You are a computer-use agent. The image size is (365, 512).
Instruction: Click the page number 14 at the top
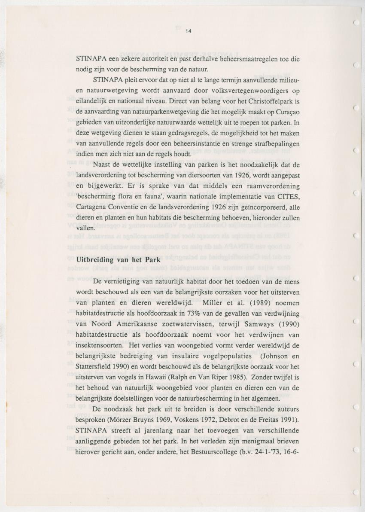tap(188, 31)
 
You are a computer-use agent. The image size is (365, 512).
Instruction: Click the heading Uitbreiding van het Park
tap(119, 259)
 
